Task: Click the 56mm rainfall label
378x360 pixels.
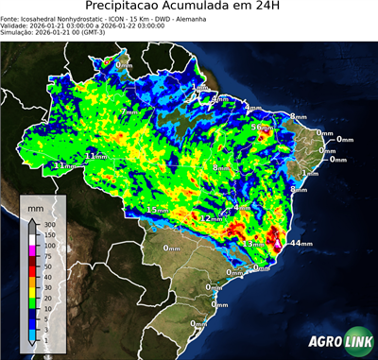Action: [261, 127]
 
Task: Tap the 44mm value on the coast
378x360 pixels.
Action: [301, 243]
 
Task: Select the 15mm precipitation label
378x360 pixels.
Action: [156, 209]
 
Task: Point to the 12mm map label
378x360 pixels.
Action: [211, 218]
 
